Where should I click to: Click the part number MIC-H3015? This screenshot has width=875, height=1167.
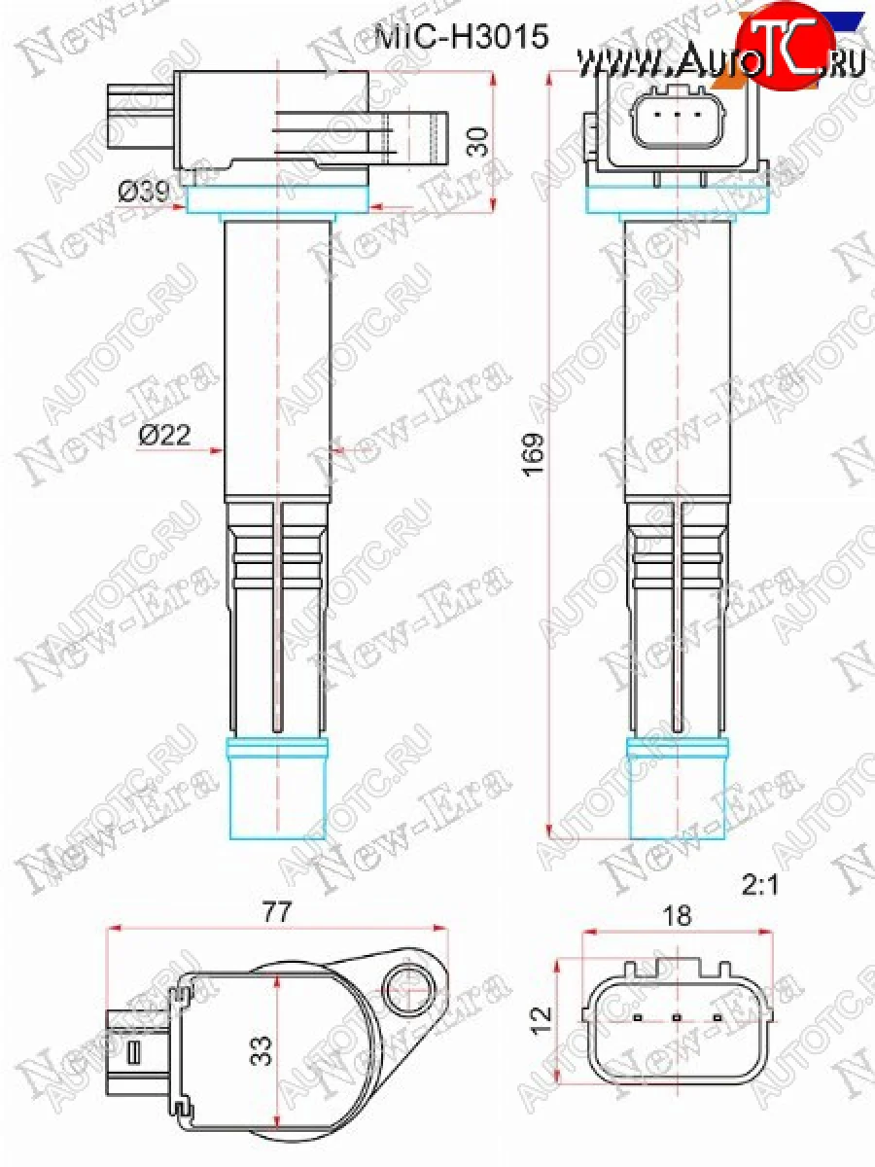tap(463, 36)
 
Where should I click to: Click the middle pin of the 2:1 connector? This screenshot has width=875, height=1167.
tap(676, 1019)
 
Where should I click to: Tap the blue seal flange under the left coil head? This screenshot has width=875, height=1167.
tap(277, 200)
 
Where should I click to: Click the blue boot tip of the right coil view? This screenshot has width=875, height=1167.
tap(677, 788)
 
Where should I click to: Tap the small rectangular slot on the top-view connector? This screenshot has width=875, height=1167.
tap(134, 1052)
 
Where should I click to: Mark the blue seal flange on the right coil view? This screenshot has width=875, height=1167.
tap(677, 200)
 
